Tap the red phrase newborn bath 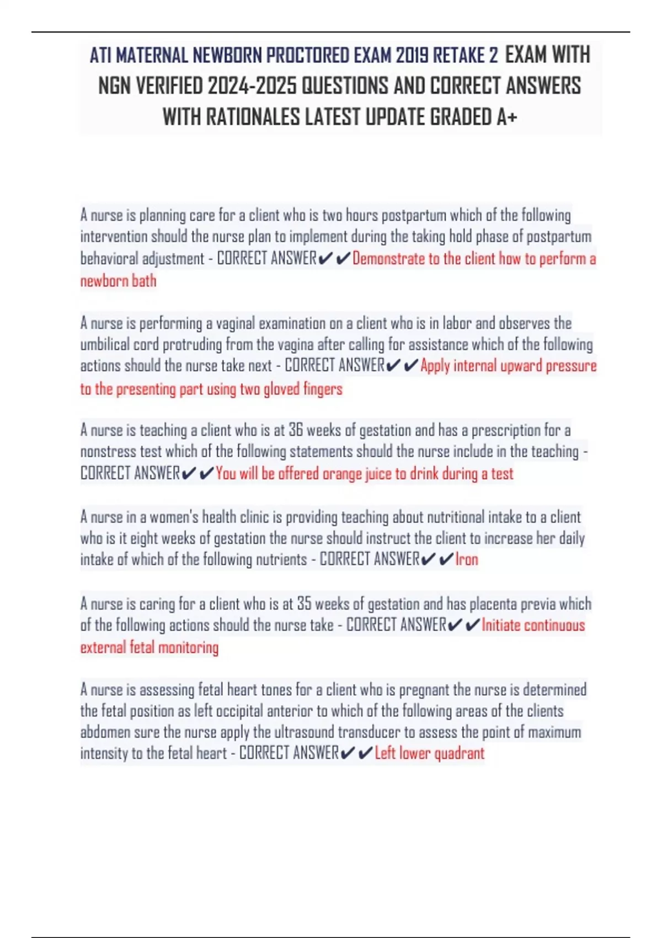(x=118, y=281)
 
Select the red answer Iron (x=467, y=559)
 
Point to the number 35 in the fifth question (x=304, y=604)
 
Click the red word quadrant (x=459, y=754)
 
